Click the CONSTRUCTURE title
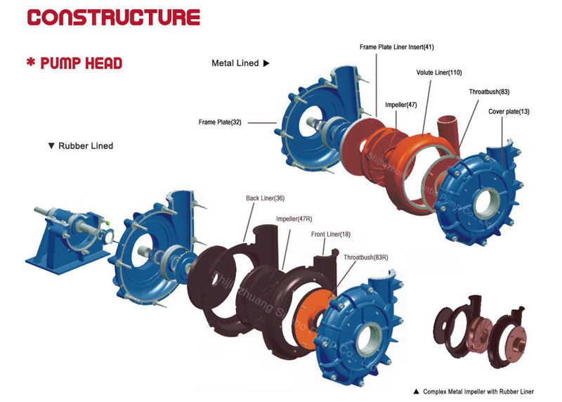(x=114, y=18)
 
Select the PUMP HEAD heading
(x=81, y=63)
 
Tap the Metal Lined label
(x=235, y=63)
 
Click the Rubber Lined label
(x=86, y=146)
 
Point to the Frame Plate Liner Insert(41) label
(x=397, y=47)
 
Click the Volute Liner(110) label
(x=439, y=72)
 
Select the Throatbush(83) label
(x=489, y=92)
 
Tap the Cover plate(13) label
(x=509, y=112)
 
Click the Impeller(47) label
(x=401, y=105)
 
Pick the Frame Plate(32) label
(x=220, y=122)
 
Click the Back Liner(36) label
(x=266, y=198)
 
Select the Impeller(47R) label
(x=294, y=219)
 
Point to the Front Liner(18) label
(x=331, y=234)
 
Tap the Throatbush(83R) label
(x=366, y=257)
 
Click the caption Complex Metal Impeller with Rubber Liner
(x=478, y=391)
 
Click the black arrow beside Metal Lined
(x=266, y=63)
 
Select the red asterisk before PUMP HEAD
(x=31, y=62)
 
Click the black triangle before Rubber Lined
(x=51, y=146)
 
